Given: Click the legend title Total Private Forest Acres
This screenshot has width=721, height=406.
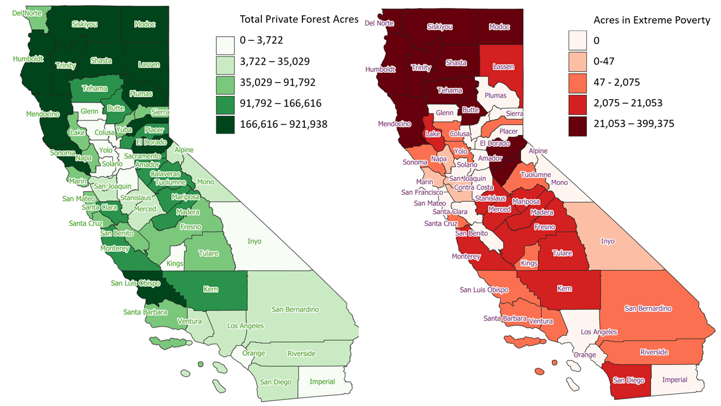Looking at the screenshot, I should click(x=299, y=19).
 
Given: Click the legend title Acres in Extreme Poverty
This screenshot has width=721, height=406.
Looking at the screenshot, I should click(x=652, y=20).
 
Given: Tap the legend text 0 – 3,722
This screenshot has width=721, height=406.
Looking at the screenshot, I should click(x=261, y=40).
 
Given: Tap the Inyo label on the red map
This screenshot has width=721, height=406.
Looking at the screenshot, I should click(x=608, y=241).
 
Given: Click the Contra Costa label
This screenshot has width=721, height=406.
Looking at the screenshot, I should click(x=470, y=187).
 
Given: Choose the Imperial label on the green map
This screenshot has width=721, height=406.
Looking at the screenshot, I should click(x=322, y=382).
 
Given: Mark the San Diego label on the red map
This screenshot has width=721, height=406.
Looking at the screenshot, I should click(x=628, y=380).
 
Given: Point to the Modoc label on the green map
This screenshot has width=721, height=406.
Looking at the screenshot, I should click(x=145, y=24).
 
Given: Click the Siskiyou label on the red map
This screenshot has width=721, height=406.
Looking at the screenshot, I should click(x=440, y=27).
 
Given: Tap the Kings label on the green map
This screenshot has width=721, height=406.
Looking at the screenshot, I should click(x=175, y=264).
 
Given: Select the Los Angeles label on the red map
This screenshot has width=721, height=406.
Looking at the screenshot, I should click(x=598, y=332).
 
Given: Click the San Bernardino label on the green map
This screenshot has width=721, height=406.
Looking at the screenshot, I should click(x=295, y=309).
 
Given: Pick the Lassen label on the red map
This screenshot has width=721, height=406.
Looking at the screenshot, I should click(x=503, y=67).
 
